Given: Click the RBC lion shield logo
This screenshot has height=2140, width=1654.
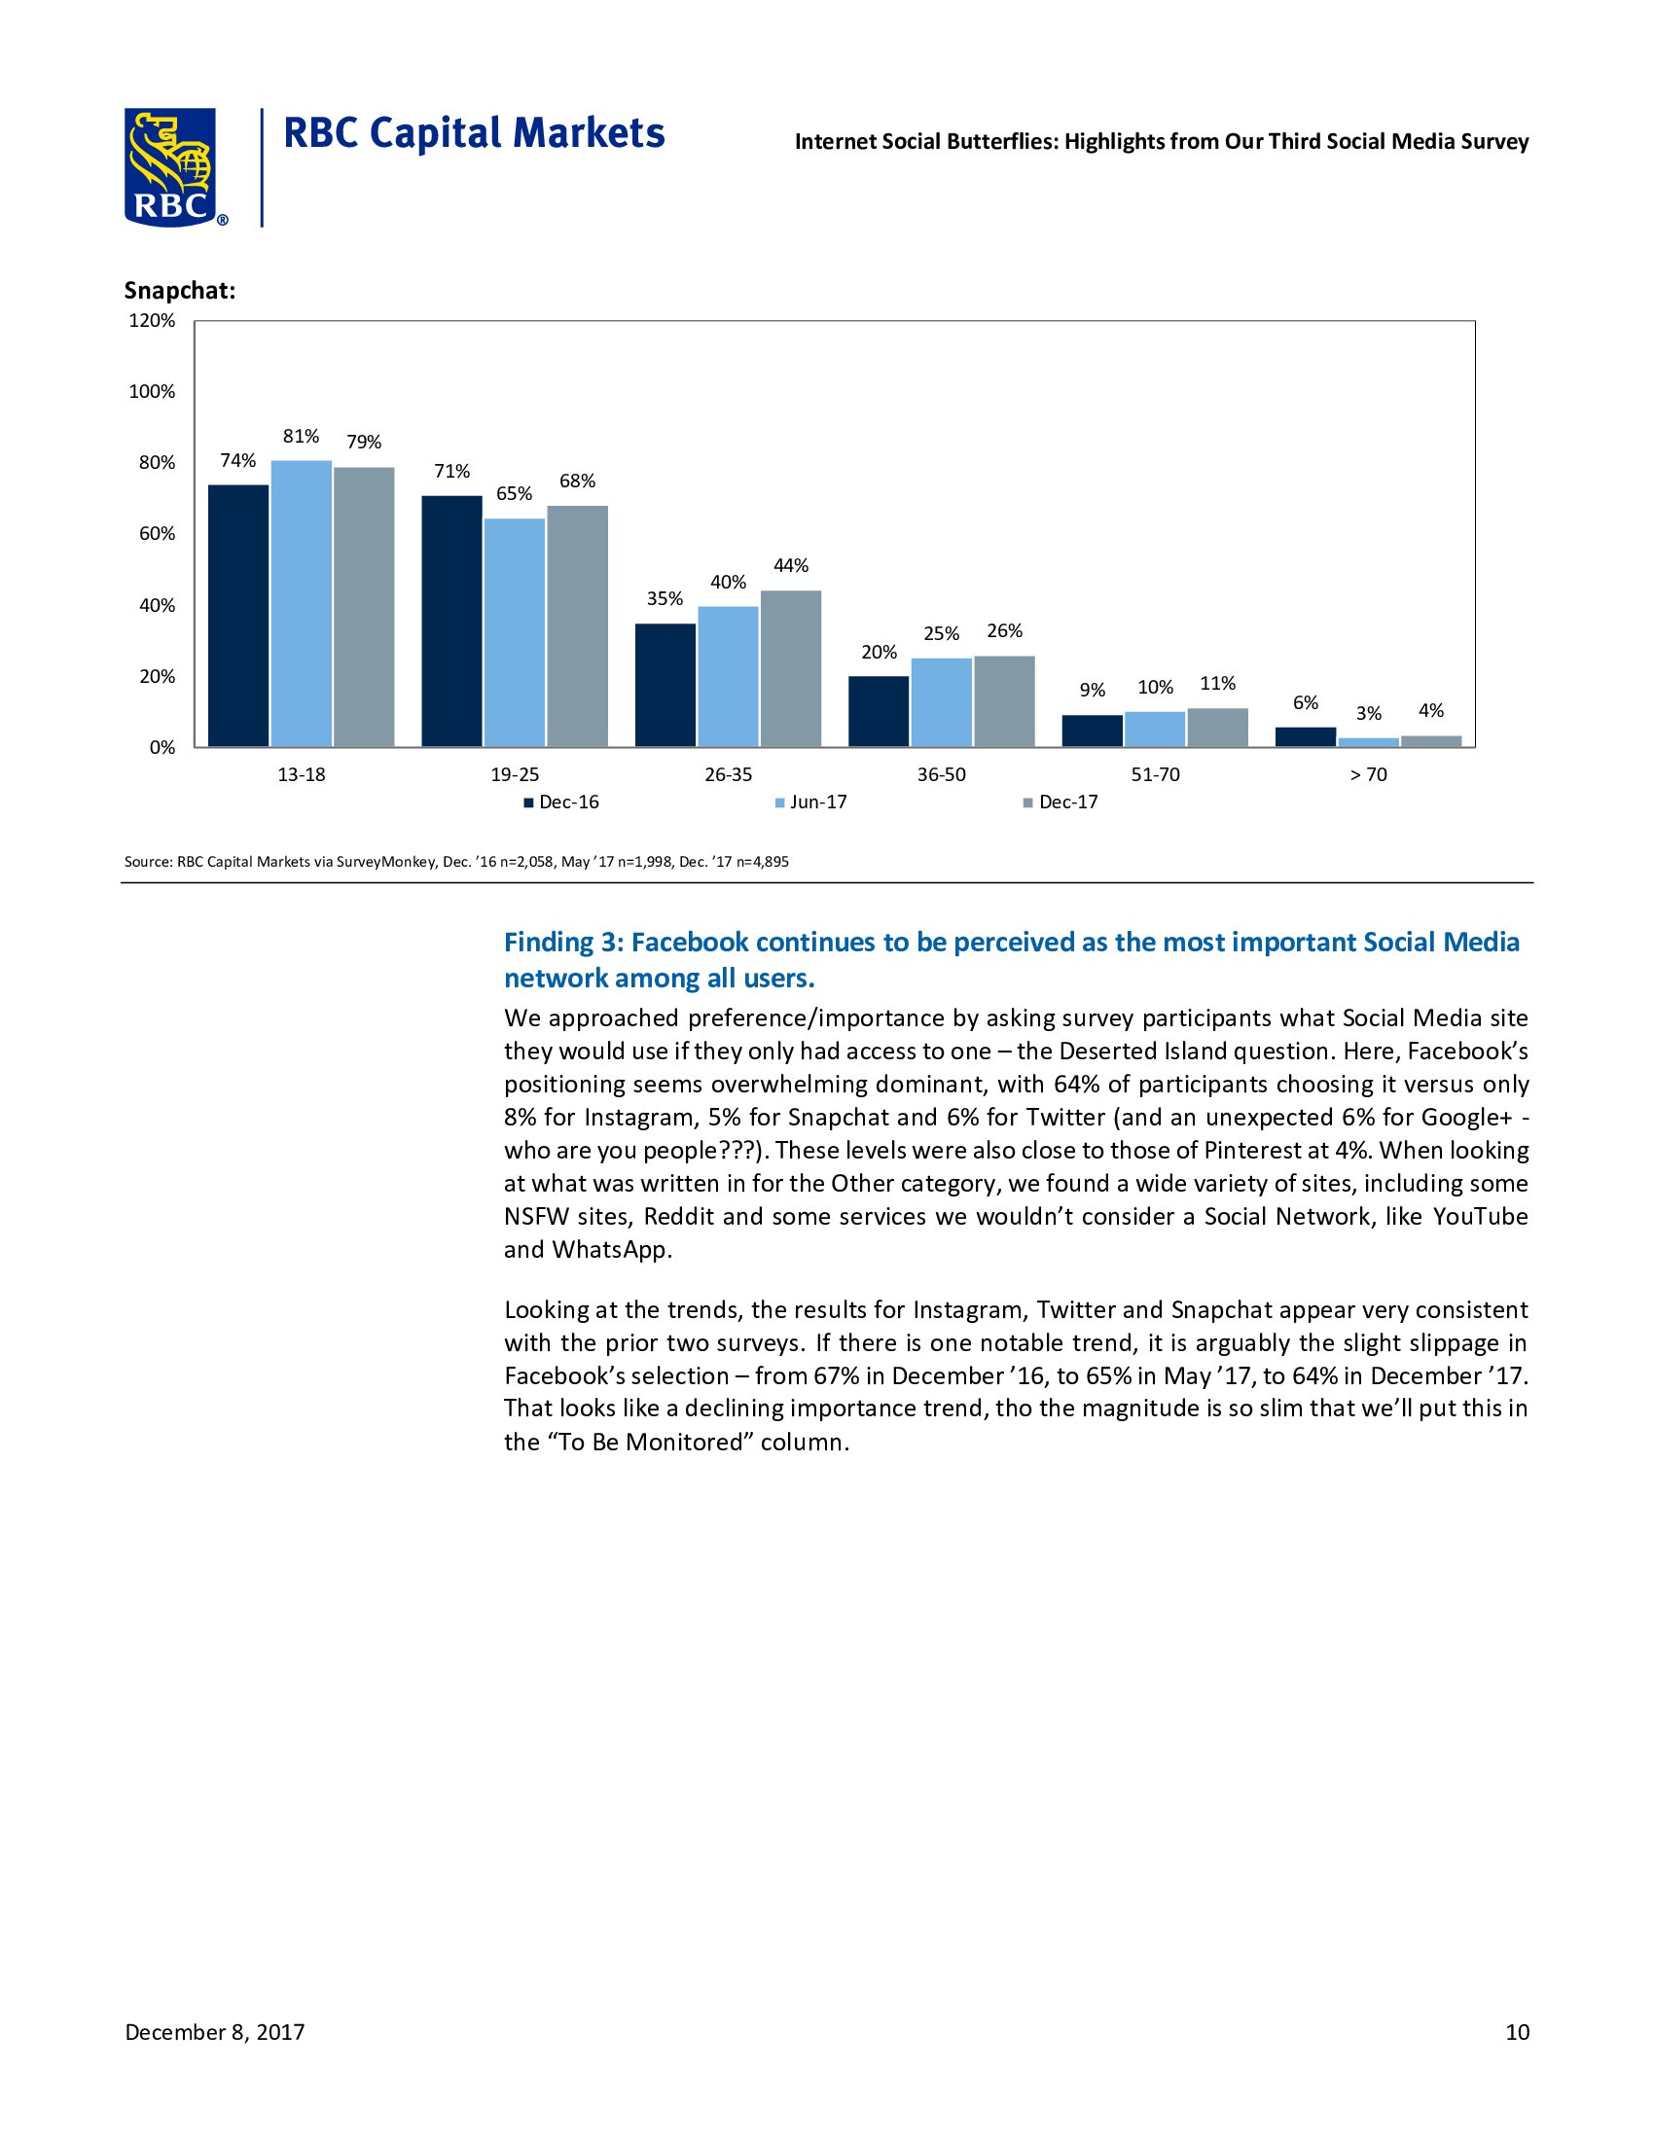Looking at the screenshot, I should coord(170,166).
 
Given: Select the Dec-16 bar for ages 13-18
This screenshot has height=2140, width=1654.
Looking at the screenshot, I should coord(238,616).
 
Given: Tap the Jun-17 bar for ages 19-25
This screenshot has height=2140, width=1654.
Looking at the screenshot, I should coord(515,632).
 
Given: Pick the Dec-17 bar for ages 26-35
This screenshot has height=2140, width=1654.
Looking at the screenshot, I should coord(791,668).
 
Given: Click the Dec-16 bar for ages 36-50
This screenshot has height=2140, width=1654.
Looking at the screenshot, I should coord(879,711).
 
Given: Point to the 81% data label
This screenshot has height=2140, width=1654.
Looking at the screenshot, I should coord(301,436).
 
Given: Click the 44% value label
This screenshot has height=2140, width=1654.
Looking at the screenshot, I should coord(791,565).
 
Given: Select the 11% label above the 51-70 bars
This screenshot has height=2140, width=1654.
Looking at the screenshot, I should coord(1218,683).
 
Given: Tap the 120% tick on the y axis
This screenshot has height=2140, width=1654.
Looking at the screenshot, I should coord(153,320).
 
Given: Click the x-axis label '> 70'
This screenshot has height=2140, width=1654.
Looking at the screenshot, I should coord(1368,774).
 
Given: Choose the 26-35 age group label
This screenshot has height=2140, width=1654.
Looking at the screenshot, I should coord(728,774).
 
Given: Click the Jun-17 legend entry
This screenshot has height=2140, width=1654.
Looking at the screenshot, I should coord(817,802).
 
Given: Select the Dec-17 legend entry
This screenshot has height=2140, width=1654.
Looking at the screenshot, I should coord(1067,802).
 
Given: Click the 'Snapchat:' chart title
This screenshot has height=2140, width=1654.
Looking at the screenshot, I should coord(179,291).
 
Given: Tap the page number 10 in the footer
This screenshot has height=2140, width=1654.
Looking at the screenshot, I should coord(1517,2032).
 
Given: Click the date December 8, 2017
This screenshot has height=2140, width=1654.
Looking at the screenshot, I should coord(215,2032).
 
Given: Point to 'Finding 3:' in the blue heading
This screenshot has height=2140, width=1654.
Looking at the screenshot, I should coord(562,942).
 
